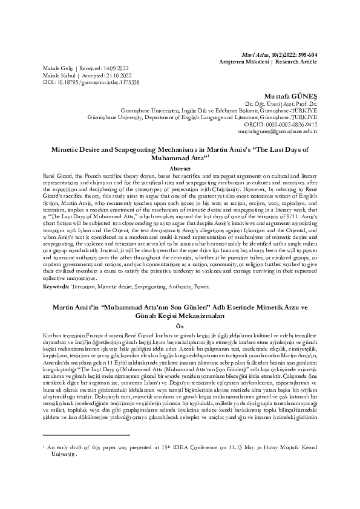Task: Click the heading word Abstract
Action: pyautogui.click(x=180, y=167)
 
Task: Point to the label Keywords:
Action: pyautogui.click(x=57, y=287)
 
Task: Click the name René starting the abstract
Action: pyautogui.click(x=50, y=174)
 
